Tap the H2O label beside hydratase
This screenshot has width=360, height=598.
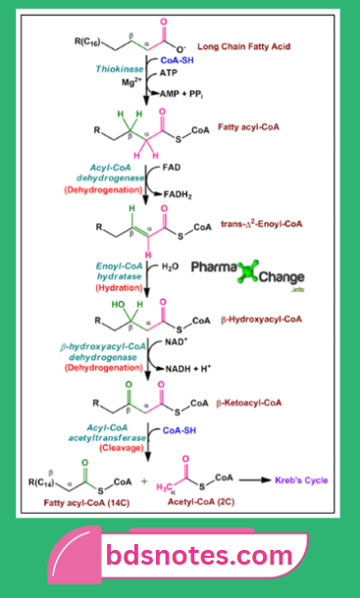tap(168, 266)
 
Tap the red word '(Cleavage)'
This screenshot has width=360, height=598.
tap(121, 447)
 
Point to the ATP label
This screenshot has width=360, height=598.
tap(168, 72)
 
